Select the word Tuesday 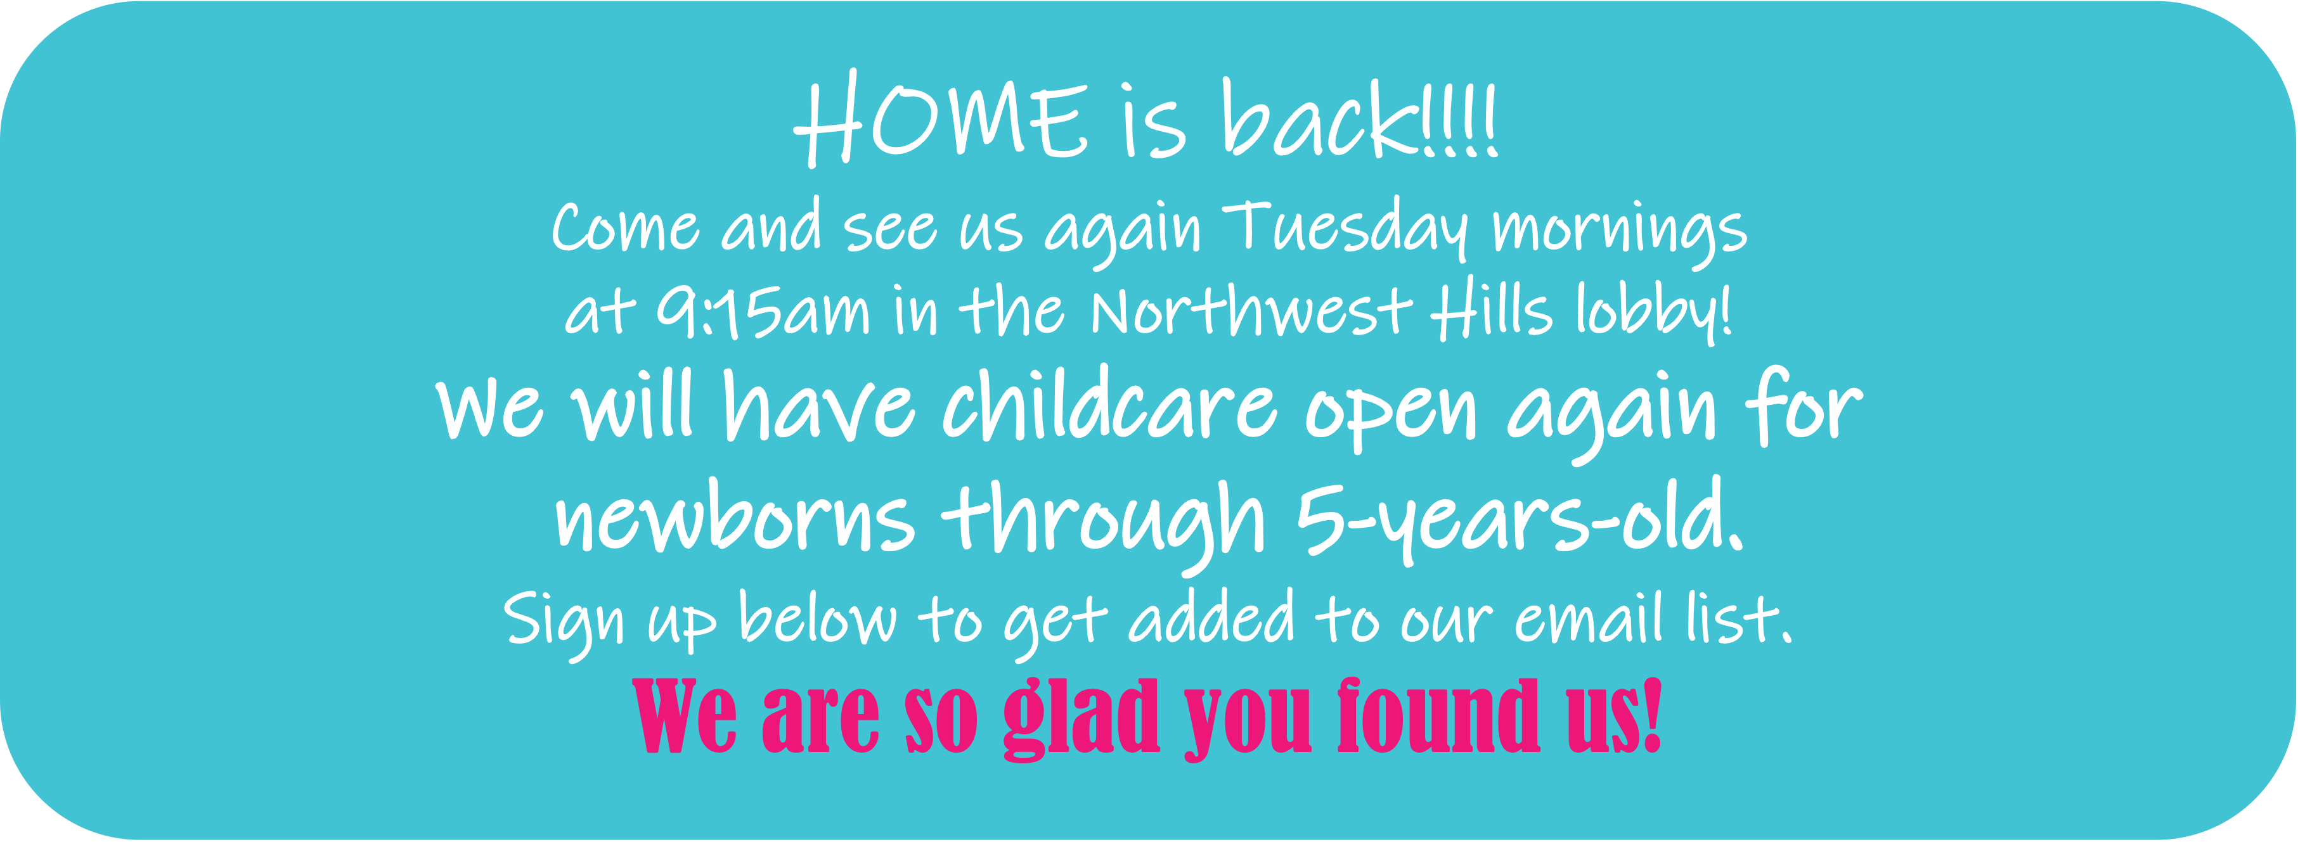point(1345,230)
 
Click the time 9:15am point(763,312)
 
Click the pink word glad point(1081,718)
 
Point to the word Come point(625,227)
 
